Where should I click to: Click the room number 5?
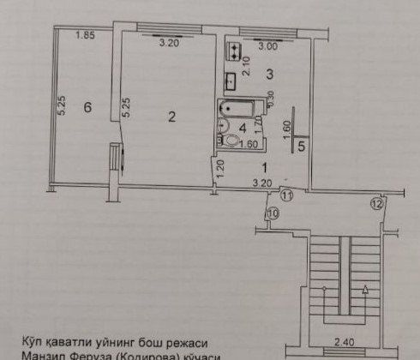click(x=301, y=147)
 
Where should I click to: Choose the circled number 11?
click(x=288, y=196)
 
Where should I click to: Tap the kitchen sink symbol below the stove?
click(x=231, y=81)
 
